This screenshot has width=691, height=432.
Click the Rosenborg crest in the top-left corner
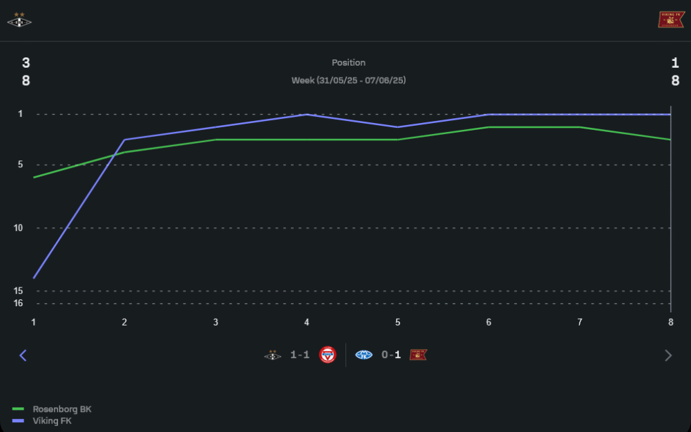pyautogui.click(x=19, y=20)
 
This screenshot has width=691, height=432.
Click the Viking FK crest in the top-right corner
pyautogui.click(x=670, y=20)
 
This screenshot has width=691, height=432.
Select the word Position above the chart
pyautogui.click(x=348, y=63)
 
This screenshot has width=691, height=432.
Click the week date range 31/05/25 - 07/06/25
pyautogui.click(x=348, y=80)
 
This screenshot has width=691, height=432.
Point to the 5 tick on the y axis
pyautogui.click(x=19, y=165)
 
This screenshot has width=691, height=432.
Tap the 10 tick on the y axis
pyautogui.click(x=18, y=228)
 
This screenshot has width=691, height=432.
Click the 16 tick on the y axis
pyautogui.click(x=18, y=303)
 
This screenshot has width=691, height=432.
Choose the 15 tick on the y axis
pyautogui.click(x=18, y=291)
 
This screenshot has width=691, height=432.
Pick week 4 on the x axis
pyautogui.click(x=307, y=322)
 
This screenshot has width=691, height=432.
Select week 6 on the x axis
pyautogui.click(x=489, y=322)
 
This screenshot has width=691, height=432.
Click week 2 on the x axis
pyautogui.click(x=124, y=322)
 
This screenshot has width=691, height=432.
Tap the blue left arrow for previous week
pyautogui.click(x=23, y=355)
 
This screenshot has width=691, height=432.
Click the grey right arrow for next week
pyautogui.click(x=668, y=355)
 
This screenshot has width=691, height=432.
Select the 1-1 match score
pyautogui.click(x=300, y=355)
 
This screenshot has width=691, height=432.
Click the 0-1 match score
pyautogui.click(x=391, y=355)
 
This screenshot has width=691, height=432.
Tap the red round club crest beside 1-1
pyautogui.click(x=328, y=355)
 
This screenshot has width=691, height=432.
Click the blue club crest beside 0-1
pyautogui.click(x=364, y=355)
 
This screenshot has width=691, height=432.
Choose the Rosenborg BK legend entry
pyautogui.click(x=61, y=409)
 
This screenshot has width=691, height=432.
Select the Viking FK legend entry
pyautogui.click(x=52, y=420)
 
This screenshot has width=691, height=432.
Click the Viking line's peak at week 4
pyautogui.click(x=307, y=115)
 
